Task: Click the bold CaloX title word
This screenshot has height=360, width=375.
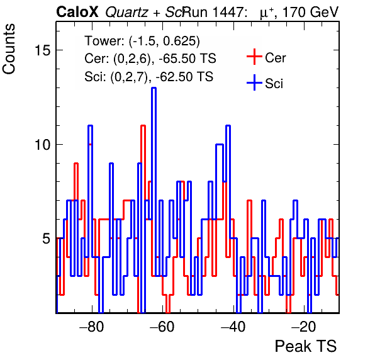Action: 77,12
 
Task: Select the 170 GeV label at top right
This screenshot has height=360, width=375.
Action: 310,12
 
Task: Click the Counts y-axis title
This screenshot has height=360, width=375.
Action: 9,49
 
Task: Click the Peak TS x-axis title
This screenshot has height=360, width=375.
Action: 306,346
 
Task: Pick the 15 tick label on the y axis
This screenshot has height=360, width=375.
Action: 43,50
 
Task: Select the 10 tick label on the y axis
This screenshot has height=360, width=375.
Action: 43,145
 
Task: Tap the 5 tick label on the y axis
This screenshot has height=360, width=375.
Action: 47,239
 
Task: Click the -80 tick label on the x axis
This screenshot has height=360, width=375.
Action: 92,327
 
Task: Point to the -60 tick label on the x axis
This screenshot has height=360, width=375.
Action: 162,327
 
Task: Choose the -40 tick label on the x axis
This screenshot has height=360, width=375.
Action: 233,327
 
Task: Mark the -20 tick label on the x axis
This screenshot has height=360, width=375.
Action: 304,327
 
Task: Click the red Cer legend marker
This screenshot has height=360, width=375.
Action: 254,57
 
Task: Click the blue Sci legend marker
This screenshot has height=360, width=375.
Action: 254,83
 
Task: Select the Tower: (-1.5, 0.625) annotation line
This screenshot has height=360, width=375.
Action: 142,41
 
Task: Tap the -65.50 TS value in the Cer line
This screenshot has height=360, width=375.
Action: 187,59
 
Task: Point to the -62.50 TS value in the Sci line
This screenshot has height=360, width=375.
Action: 184,77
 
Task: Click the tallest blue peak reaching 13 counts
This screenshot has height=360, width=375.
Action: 154,88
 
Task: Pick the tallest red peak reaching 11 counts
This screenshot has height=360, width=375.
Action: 143,126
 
